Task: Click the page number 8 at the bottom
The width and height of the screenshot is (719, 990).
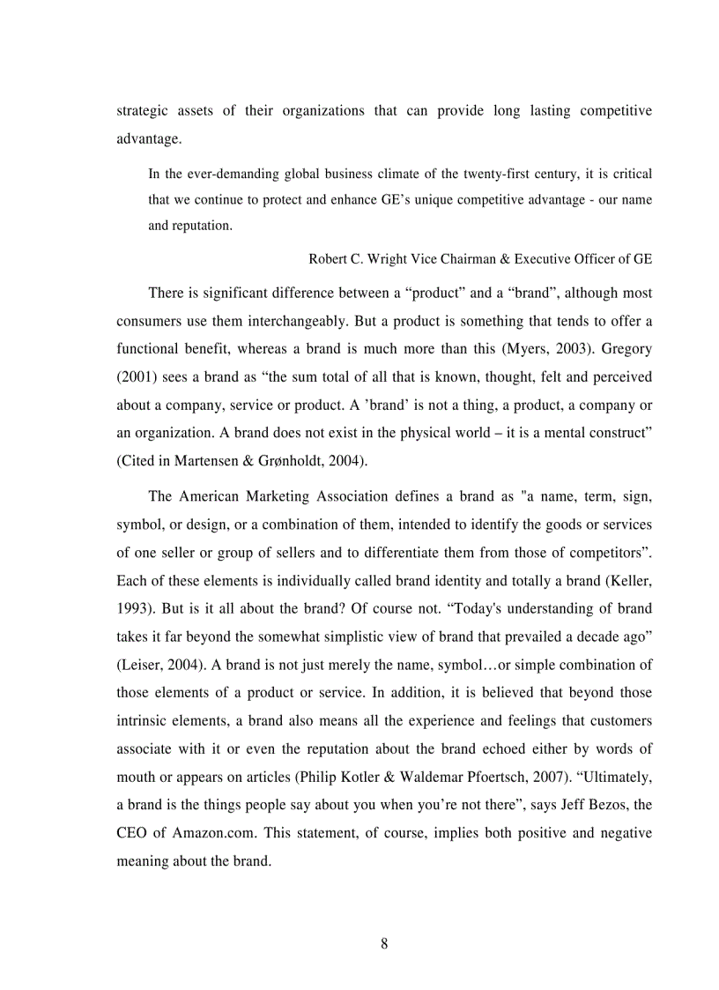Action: click(383, 944)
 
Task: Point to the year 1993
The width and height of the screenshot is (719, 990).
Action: click(133, 607)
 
